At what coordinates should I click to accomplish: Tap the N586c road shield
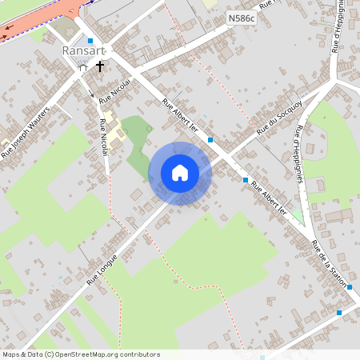tap(241, 17)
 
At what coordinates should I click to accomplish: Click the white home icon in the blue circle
tap(180, 173)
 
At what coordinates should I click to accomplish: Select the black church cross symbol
tap(100, 66)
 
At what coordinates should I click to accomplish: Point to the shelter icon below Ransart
tap(83, 68)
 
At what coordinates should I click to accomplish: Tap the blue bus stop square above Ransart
tap(90, 40)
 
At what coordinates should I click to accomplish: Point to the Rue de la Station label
tap(329, 264)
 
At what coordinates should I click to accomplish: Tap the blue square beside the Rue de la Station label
tap(350, 286)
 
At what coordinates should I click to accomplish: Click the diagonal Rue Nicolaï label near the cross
tap(114, 94)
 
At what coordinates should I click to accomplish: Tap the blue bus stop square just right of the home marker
tap(210, 140)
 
